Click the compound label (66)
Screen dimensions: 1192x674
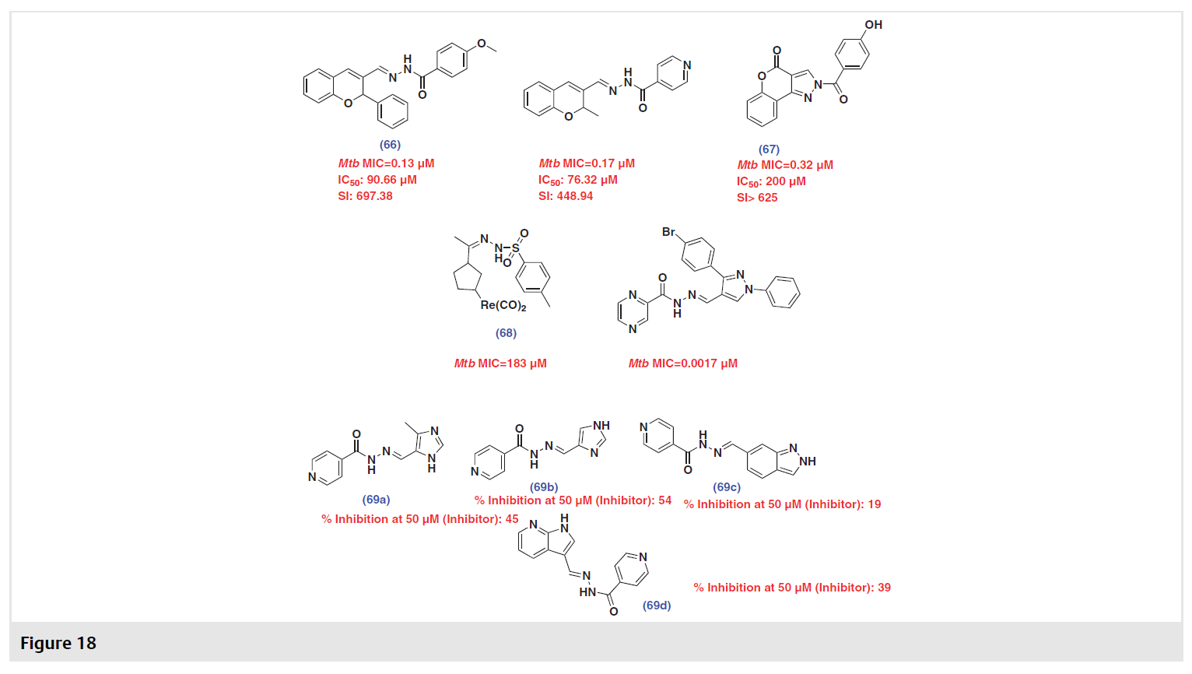[390, 145]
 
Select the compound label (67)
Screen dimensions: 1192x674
[769, 149]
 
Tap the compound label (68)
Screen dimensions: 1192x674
[506, 333]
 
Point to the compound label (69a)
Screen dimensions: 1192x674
[376, 500]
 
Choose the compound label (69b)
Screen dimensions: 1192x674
[543, 487]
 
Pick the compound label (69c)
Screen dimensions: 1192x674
[727, 487]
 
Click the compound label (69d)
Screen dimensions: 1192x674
[656, 606]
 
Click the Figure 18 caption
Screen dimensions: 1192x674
[58, 643]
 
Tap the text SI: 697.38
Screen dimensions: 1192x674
[365, 196]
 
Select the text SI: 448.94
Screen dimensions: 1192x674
[565, 196]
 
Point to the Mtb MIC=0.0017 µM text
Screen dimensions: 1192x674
[682, 363]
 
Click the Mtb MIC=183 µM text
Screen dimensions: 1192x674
[500, 363]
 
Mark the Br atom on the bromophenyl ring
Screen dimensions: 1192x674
[668, 232]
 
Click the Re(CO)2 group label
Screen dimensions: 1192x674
[503, 306]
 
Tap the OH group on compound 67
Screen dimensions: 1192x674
[873, 25]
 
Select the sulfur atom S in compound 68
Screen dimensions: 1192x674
[514, 248]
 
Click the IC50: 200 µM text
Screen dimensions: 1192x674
[771, 181]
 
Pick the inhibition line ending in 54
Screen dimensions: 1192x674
[573, 500]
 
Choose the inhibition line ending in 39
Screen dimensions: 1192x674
[792, 588]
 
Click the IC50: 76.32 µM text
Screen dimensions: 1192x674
[578, 180]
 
